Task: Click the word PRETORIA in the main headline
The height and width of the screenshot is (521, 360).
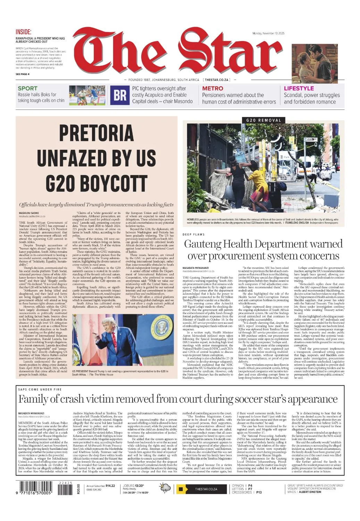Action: click(96, 133)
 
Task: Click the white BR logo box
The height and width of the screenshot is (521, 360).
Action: click(120, 94)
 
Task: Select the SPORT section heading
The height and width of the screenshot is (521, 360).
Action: click(27, 88)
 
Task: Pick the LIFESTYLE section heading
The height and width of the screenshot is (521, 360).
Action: click(299, 88)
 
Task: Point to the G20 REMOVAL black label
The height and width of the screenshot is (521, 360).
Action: click(263, 120)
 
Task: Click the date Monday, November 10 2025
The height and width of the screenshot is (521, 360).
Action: click(268, 33)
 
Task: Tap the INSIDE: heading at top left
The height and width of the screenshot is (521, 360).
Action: click(24, 32)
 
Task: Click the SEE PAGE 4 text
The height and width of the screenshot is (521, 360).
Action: click(23, 74)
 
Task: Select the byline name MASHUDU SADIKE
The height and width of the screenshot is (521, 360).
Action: click(29, 213)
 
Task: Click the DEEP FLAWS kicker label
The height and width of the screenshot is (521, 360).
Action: click(193, 234)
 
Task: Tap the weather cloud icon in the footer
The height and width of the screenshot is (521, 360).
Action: click(165, 488)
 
